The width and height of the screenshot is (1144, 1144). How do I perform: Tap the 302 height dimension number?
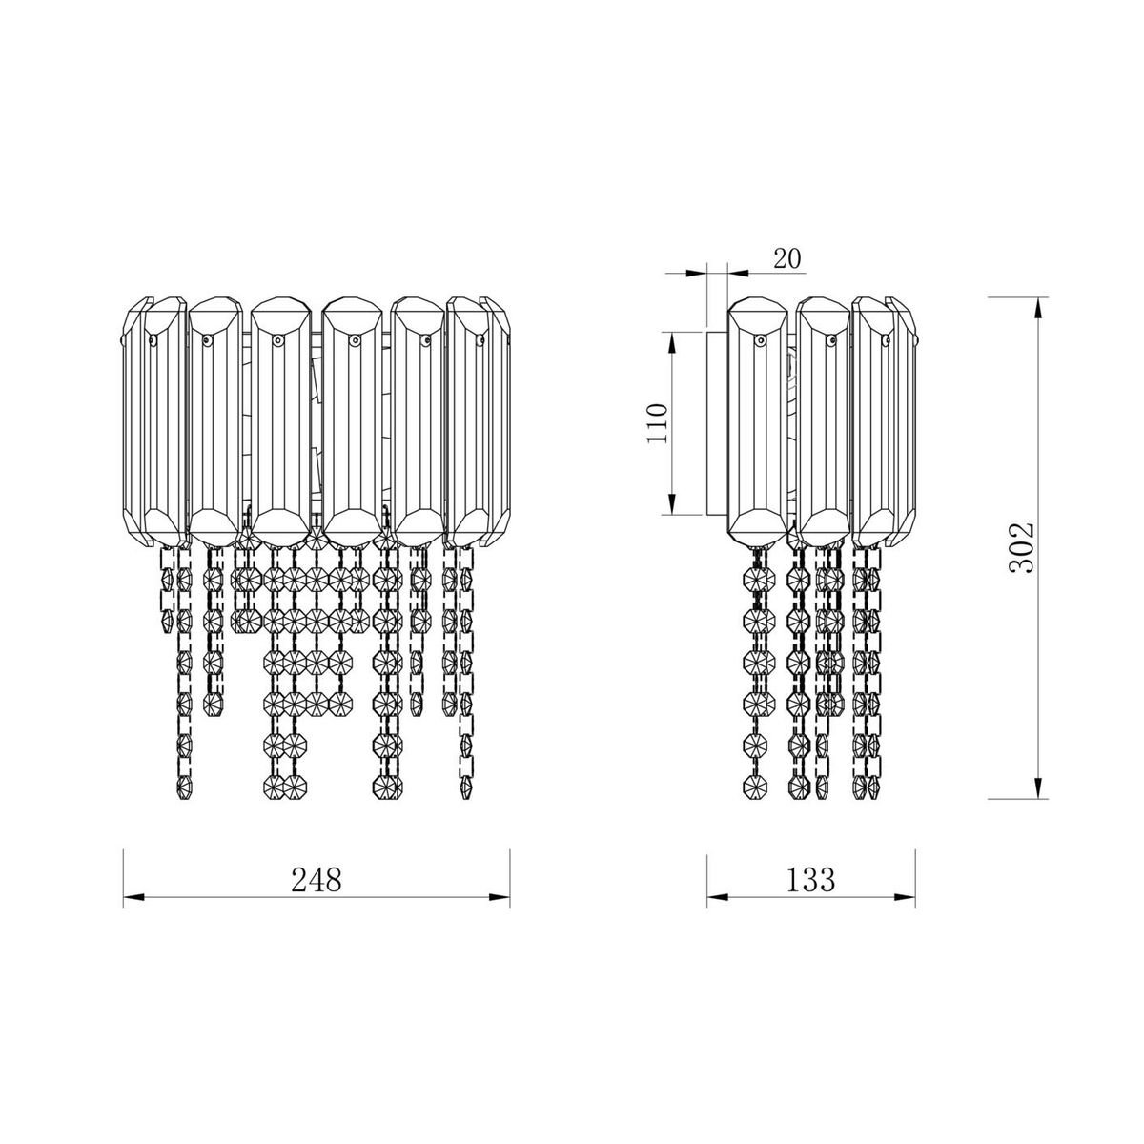1021,548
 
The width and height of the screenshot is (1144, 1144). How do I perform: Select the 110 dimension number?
658,423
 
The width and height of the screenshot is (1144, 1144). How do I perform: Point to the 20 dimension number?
787,259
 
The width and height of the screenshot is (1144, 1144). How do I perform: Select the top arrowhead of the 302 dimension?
1038,308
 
